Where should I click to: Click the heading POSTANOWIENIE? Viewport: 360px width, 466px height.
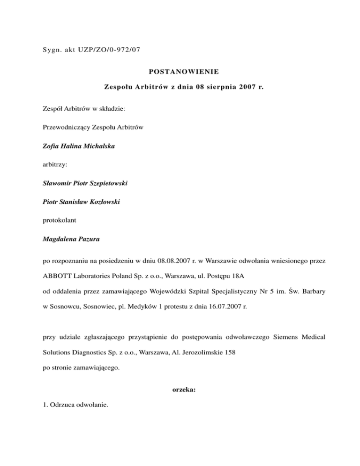click(x=180, y=72)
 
